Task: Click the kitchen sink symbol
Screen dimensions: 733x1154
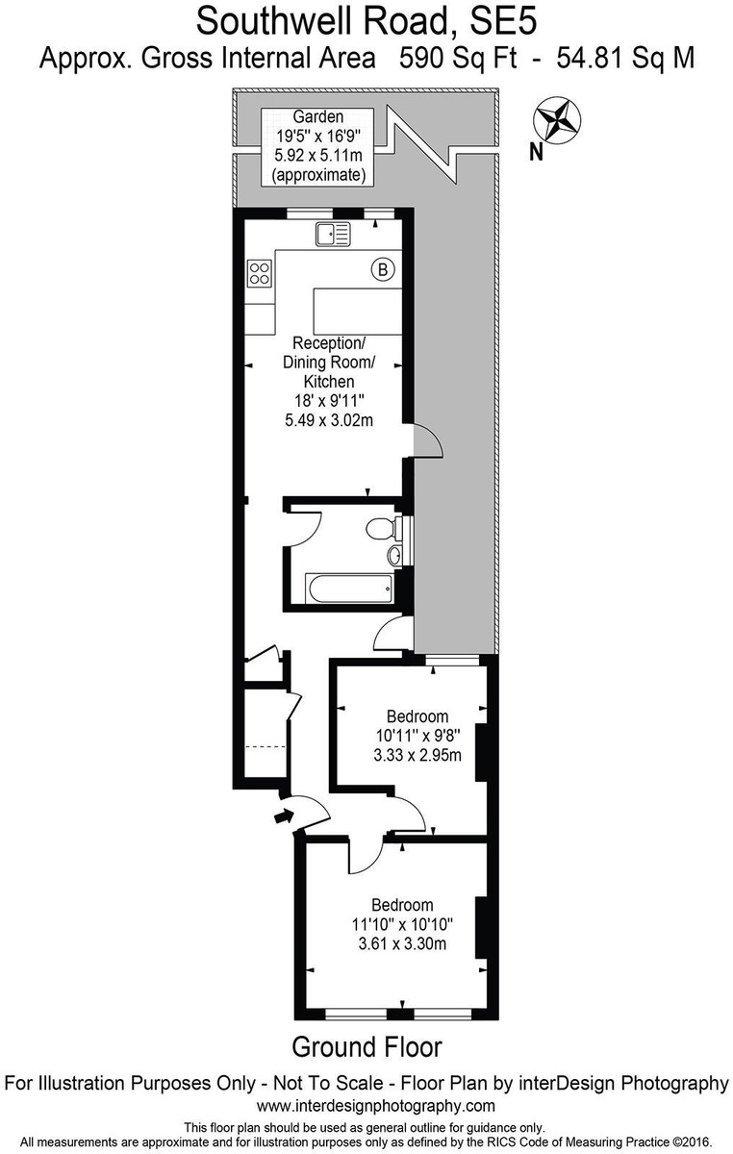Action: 333,234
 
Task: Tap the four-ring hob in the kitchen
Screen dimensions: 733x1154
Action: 260,273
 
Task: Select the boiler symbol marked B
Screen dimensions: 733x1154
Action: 383,269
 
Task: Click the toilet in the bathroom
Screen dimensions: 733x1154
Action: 382,528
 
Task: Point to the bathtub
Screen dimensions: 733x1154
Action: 348,589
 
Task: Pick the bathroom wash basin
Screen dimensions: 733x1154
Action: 394,556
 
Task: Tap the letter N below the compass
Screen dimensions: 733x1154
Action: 536,153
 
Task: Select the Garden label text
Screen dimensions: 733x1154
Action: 318,117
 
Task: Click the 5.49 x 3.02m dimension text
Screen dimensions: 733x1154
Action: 329,420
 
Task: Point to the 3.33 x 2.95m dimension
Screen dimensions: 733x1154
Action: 417,755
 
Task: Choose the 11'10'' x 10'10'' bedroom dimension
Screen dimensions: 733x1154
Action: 402,924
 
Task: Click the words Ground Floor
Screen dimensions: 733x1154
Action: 366,1047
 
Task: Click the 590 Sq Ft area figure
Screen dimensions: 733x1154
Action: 458,58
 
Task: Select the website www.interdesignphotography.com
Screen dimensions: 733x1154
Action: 376,1105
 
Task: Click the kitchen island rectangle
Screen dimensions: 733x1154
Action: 357,312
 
